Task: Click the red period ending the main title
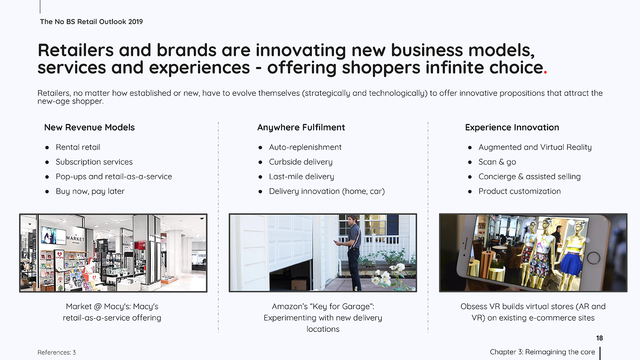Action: coord(545,72)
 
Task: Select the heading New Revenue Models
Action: coord(89,128)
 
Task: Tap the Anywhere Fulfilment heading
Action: coord(301,128)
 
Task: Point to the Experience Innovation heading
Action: coord(512,128)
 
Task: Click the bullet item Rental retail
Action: coord(78,147)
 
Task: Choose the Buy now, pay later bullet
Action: coord(90,192)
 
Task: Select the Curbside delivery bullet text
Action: coord(300,162)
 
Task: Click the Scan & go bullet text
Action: coord(497,162)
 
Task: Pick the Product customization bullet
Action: coord(519,191)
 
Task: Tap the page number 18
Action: coord(599,338)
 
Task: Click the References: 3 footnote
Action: coord(57,352)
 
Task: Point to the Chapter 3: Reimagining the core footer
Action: coord(542,352)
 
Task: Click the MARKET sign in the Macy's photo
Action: coord(75,238)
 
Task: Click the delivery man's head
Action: coord(353,220)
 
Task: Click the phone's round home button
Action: coord(593,258)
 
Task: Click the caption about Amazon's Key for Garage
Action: coord(323,318)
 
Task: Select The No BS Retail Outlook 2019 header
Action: coord(91,22)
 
